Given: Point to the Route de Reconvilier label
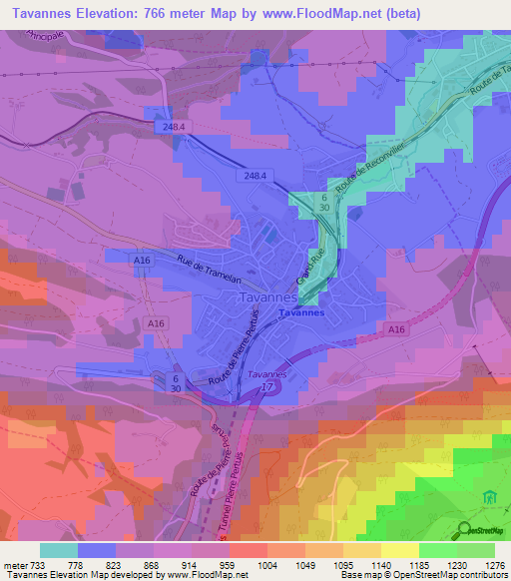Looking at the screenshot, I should pyautogui.click(x=369, y=165).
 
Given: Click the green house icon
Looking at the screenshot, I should pyautogui.click(x=489, y=496).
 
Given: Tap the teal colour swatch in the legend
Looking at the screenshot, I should pyautogui.click(x=59, y=549).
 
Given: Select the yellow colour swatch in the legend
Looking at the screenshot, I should pyautogui.click(x=400, y=549).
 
